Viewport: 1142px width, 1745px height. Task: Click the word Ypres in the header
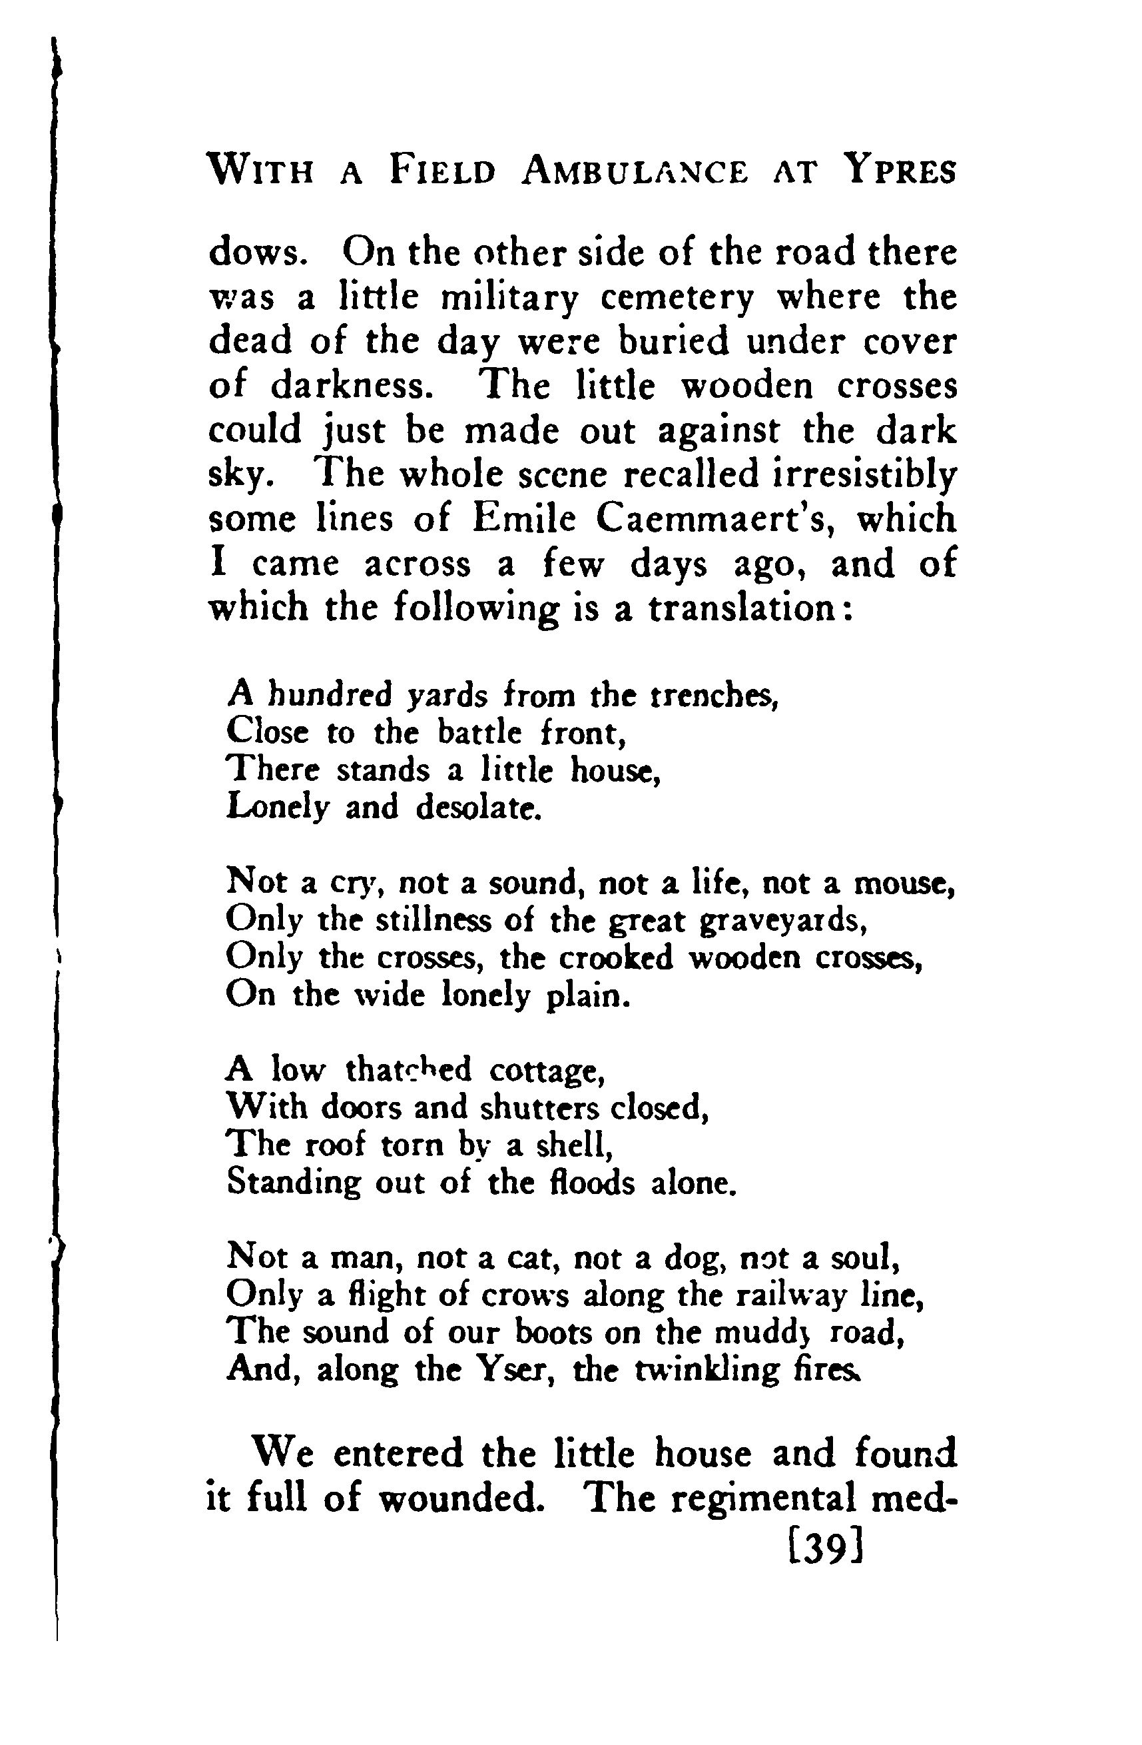click(901, 171)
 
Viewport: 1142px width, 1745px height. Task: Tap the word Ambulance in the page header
click(634, 171)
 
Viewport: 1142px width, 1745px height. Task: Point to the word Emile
click(515, 519)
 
